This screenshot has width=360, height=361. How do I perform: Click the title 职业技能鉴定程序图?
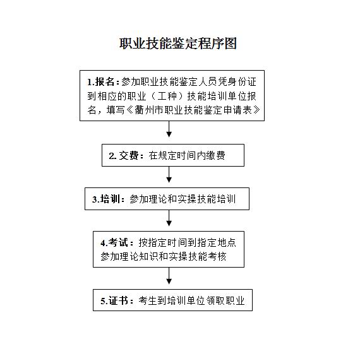[x=178, y=44]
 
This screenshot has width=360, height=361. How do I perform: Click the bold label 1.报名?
[x=100, y=82]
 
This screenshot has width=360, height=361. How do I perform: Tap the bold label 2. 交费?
[x=124, y=156]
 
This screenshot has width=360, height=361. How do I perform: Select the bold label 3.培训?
[x=106, y=199]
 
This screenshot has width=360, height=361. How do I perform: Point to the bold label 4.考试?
[x=114, y=242]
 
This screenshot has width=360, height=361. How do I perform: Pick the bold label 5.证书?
[x=114, y=300]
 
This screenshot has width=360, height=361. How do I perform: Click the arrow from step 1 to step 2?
[x=169, y=129]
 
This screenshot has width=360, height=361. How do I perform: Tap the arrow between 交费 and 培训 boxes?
[x=169, y=175]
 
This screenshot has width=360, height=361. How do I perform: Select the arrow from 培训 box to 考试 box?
[x=169, y=218]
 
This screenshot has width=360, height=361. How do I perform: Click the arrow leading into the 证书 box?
[x=169, y=276]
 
